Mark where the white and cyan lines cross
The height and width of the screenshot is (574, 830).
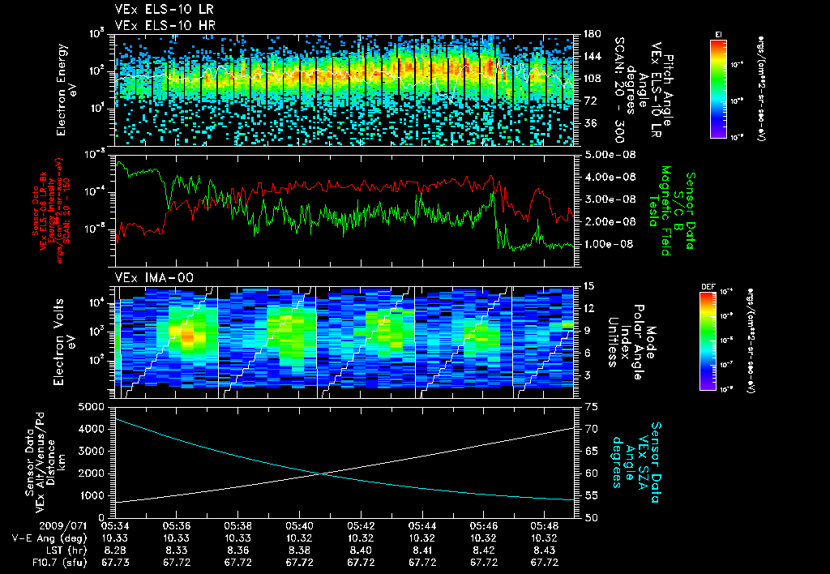323,474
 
